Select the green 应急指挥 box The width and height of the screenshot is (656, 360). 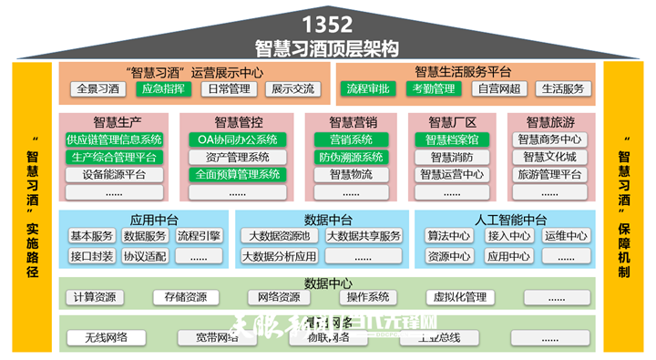tap(164, 89)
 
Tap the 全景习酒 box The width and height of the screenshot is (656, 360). tap(98, 89)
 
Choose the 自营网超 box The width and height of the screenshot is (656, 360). tap(497, 89)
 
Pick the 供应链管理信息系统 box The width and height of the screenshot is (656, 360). tap(114, 139)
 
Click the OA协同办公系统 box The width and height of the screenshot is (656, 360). tap(238, 139)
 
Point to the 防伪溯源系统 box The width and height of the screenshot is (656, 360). tap(351, 157)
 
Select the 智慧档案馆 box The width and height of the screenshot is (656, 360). tap(452, 139)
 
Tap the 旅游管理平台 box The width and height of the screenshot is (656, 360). tap(550, 174)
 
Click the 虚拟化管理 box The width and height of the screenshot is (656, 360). tap(457, 297)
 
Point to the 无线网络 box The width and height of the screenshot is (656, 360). tap(106, 338)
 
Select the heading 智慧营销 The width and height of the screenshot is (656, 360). tap(352, 122)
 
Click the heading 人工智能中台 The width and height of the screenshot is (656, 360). tap(510, 220)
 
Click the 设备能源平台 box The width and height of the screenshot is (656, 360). tap(114, 174)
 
